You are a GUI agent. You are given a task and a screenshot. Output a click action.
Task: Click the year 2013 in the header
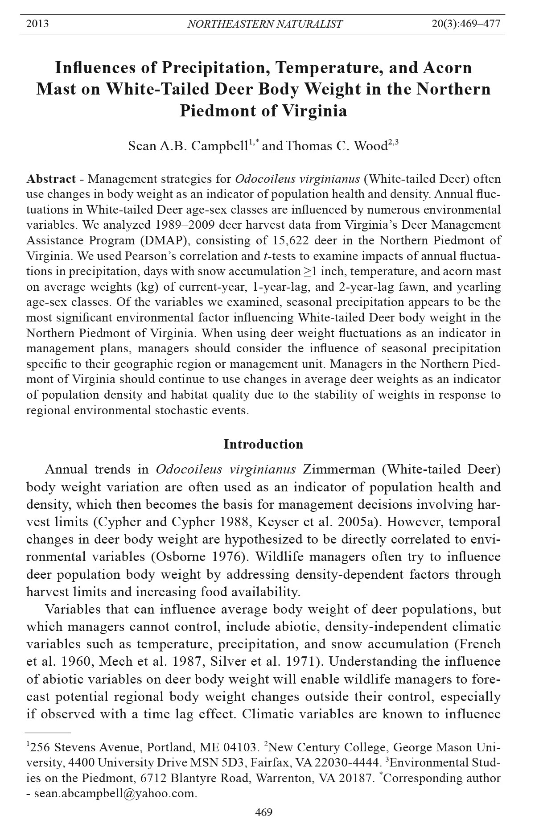[37, 24]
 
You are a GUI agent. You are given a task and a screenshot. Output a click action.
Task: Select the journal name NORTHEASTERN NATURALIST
[265, 24]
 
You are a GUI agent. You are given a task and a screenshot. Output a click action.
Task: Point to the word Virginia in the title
[314, 111]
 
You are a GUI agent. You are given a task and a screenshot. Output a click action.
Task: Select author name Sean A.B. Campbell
[188, 146]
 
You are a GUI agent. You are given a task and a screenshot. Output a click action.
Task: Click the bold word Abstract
[51, 179]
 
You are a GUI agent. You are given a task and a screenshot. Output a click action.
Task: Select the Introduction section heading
[263, 444]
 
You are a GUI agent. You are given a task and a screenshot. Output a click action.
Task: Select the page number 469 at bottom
[263, 812]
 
